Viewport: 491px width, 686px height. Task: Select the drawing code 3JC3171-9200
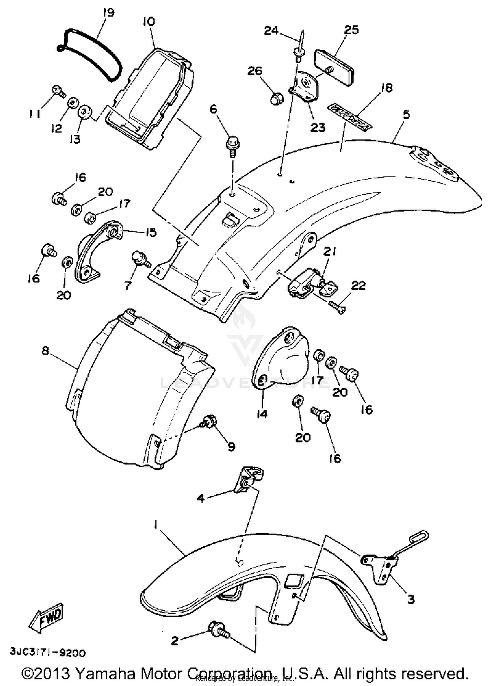click(x=48, y=652)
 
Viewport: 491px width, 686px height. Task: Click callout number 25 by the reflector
click(x=352, y=30)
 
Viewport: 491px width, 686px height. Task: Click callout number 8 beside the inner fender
click(x=45, y=351)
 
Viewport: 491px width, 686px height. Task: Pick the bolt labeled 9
click(x=209, y=421)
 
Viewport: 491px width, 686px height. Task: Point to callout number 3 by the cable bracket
click(x=410, y=599)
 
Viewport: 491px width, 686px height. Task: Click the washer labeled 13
click(x=85, y=112)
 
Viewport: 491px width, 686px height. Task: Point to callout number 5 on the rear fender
click(x=406, y=115)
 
